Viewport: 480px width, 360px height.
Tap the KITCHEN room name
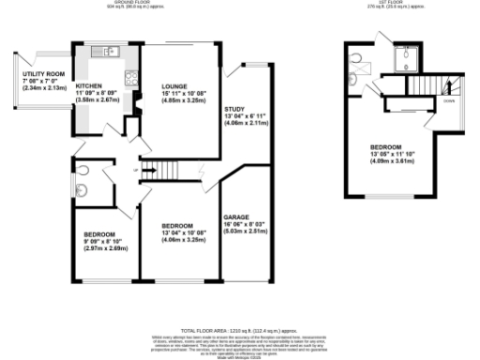coord(102,83)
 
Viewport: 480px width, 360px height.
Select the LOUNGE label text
coord(175,83)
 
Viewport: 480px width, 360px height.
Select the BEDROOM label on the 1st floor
coord(386,147)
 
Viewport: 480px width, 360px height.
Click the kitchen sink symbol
coord(110,51)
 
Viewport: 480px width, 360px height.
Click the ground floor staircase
coord(165,170)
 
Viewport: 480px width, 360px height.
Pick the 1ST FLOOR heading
coord(383,4)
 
